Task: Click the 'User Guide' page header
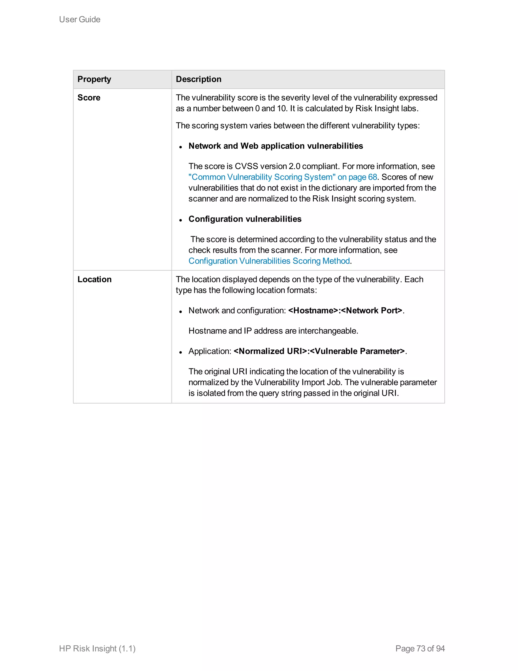point(79,19)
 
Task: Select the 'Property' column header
point(94,79)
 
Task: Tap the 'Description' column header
point(198,79)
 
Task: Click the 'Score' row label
point(89,98)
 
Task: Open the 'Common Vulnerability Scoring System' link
point(282,177)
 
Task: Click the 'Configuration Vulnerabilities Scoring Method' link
point(269,261)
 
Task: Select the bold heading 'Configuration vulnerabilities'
point(245,219)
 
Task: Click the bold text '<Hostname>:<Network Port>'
point(345,311)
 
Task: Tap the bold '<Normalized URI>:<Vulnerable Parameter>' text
point(319,351)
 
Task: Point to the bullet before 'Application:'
point(181,352)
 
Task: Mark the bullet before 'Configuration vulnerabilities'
point(181,220)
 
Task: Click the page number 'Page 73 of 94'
point(420,648)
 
